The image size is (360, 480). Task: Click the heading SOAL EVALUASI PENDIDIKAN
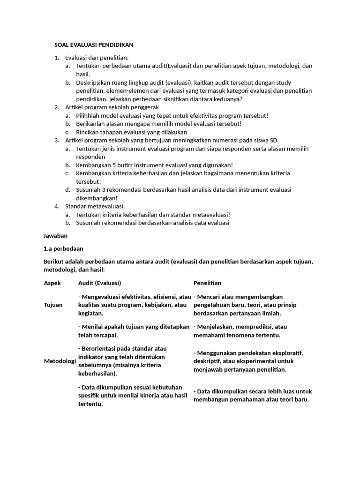94,45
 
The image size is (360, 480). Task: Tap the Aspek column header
52,283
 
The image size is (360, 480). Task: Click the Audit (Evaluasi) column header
99,283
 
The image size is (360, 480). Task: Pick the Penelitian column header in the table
207,283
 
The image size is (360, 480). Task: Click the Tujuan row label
53,305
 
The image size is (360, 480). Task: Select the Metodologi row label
60,361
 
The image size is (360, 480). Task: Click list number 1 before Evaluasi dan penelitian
56,58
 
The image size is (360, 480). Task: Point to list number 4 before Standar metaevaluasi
56,206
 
